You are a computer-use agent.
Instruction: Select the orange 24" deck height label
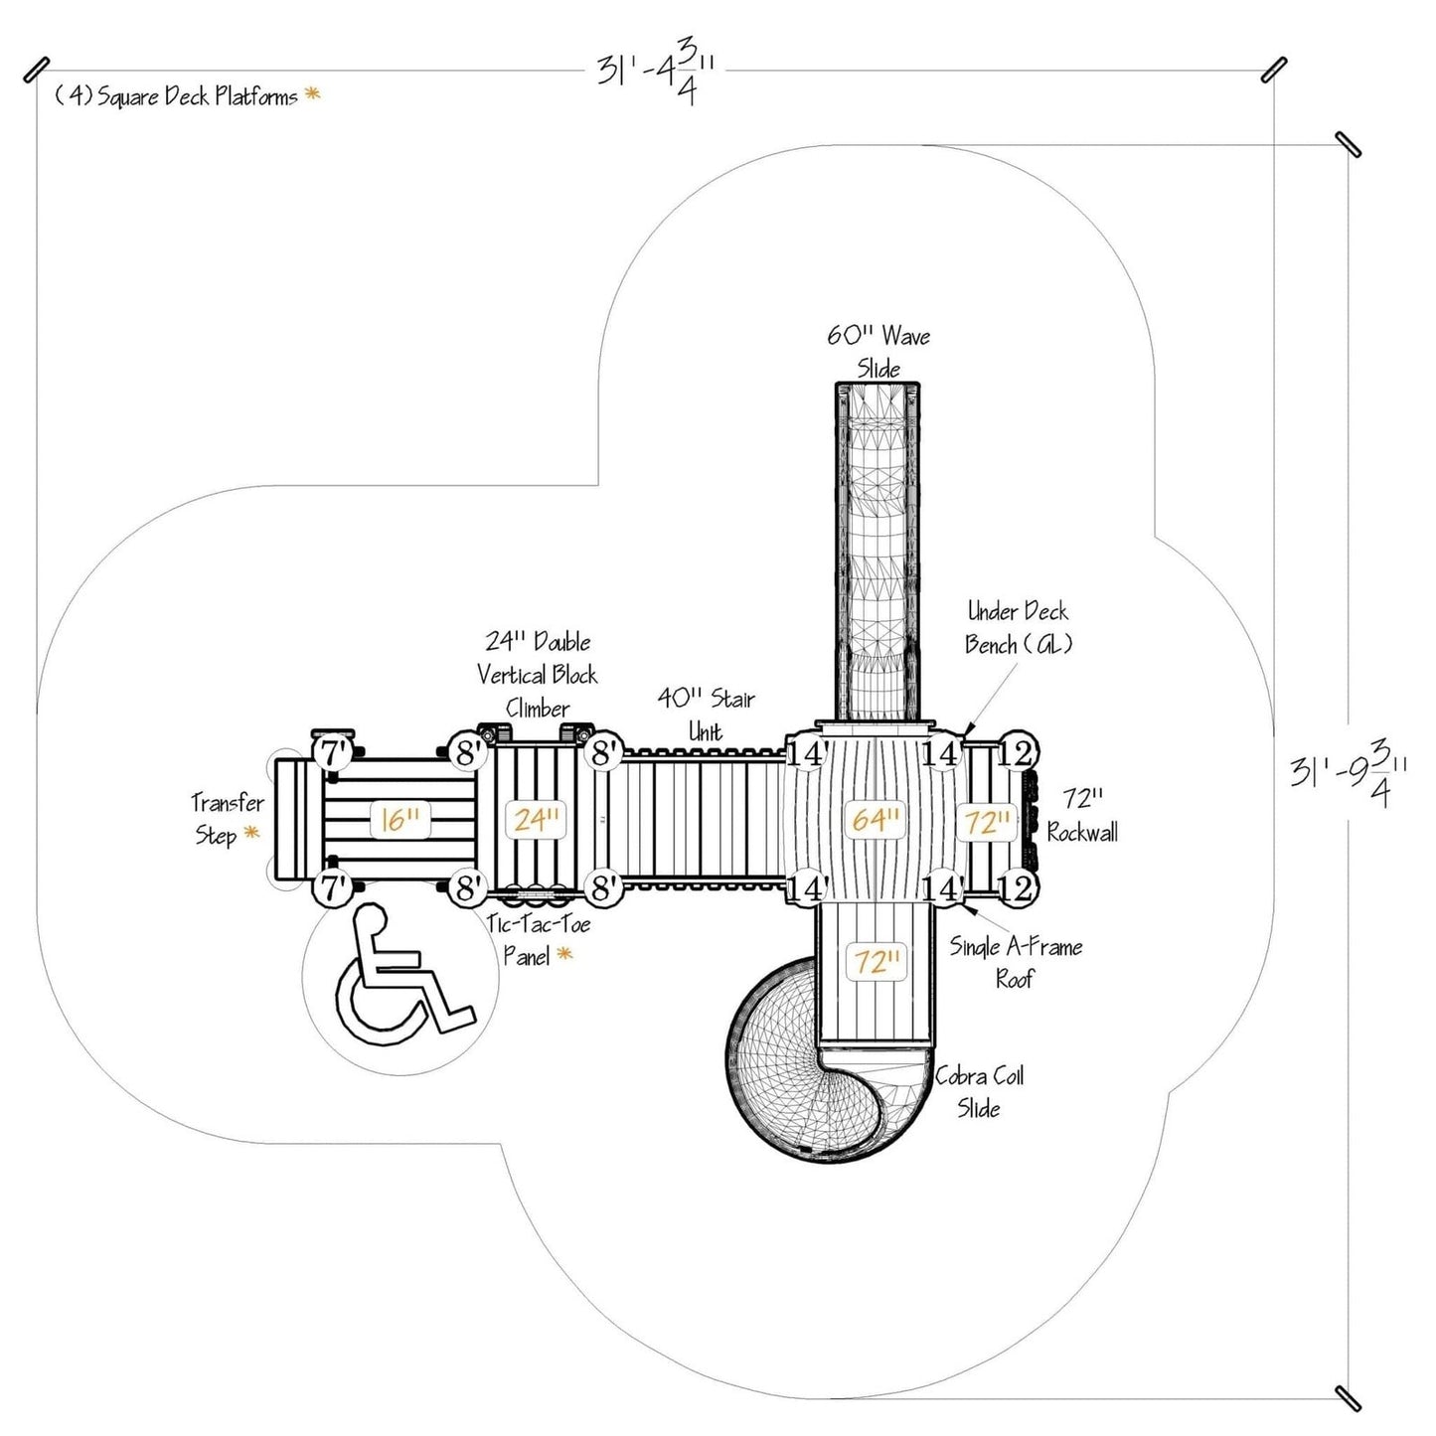[538, 820]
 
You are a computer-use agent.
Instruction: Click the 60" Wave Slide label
[878, 352]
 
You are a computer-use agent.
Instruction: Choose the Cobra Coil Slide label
[979, 1091]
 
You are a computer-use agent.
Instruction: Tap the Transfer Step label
[228, 818]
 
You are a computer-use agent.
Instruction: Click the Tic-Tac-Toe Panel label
[538, 940]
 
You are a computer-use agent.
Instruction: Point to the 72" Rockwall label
[1081, 815]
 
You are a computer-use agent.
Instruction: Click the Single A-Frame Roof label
[1016, 962]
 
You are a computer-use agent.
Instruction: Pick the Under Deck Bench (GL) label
[1018, 628]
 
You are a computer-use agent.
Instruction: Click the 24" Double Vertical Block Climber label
[538, 675]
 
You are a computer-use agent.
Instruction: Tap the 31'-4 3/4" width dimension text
[656, 75]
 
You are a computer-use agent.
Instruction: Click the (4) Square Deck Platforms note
[176, 96]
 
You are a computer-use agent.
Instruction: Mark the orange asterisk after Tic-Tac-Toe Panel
[564, 955]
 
